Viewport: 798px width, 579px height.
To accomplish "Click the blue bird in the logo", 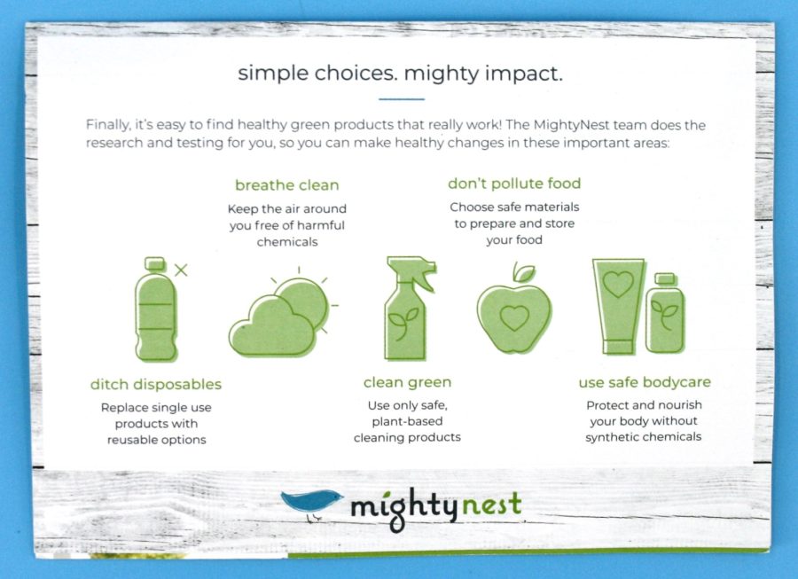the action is pos(311,502).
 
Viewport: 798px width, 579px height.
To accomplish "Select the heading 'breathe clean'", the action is pos(287,185).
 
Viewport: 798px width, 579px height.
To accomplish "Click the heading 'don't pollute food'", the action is pos(514,184).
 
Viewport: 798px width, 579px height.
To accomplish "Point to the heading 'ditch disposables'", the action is pos(156,384).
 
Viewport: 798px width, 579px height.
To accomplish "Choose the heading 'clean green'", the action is pos(407,383).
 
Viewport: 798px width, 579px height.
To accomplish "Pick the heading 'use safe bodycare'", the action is pos(645,382).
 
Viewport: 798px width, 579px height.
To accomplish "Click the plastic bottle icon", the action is pos(156,309).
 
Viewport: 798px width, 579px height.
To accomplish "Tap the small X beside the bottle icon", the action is pos(181,270).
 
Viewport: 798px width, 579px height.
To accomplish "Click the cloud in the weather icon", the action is pos(272,326).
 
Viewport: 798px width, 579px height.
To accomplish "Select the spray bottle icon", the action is pos(408,309).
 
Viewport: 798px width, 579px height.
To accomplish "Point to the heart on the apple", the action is pos(514,318).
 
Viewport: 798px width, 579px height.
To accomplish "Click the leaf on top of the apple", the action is pos(524,273).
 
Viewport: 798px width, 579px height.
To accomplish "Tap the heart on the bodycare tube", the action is pos(618,284).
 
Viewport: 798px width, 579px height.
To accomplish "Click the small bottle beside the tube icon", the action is pos(666,313).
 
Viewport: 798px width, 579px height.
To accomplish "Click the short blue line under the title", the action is pos(402,99).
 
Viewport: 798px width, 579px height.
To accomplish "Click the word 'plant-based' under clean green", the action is pos(407,421).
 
